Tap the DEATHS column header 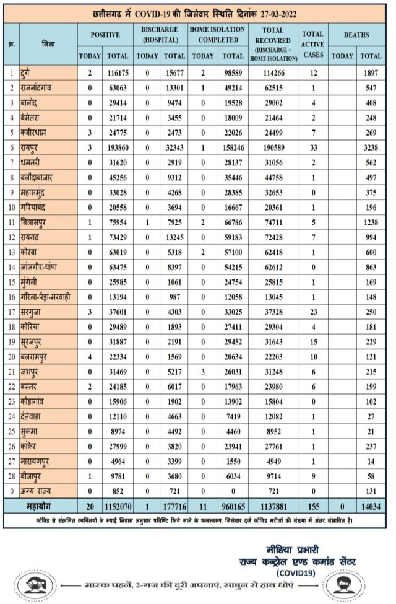point(357,35)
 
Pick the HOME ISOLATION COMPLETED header point(213,35)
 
